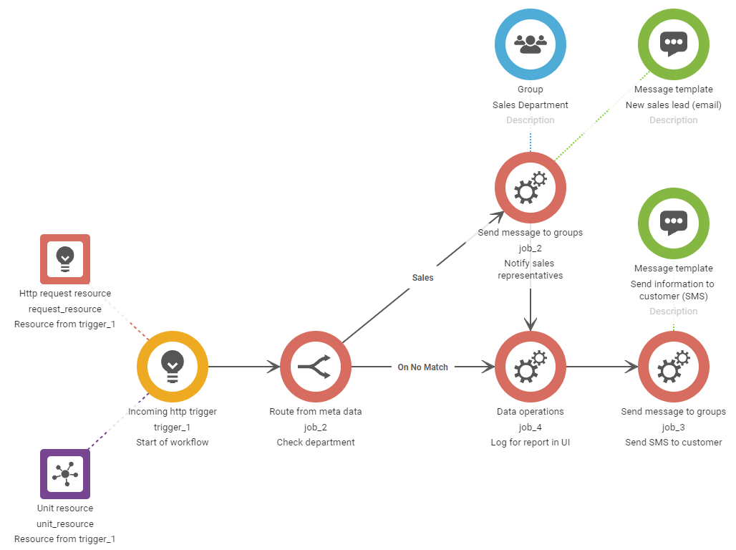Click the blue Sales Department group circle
pyautogui.click(x=531, y=44)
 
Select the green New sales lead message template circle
pyautogui.click(x=673, y=44)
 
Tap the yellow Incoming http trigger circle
pyautogui.click(x=173, y=367)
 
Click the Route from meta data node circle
pyautogui.click(x=316, y=367)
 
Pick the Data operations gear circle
pyautogui.click(x=531, y=367)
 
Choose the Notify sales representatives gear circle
pyautogui.click(x=531, y=188)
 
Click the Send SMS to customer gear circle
pyautogui.click(x=673, y=367)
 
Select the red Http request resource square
pyautogui.click(x=65, y=259)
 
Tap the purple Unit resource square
pyautogui.click(x=65, y=474)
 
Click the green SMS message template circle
pyautogui.click(x=673, y=223)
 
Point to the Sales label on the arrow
pyautogui.click(x=423, y=277)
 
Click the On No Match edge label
pyautogui.click(x=423, y=367)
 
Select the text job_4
pyautogui.click(x=531, y=427)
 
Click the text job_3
pyautogui.click(x=673, y=427)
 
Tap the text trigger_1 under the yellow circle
pyautogui.click(x=173, y=427)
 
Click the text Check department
pyautogui.click(x=316, y=443)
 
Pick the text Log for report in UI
pyautogui.click(x=531, y=443)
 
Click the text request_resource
pyautogui.click(x=65, y=309)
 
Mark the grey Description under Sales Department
pyautogui.click(x=531, y=120)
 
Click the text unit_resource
pyautogui.click(x=65, y=524)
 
